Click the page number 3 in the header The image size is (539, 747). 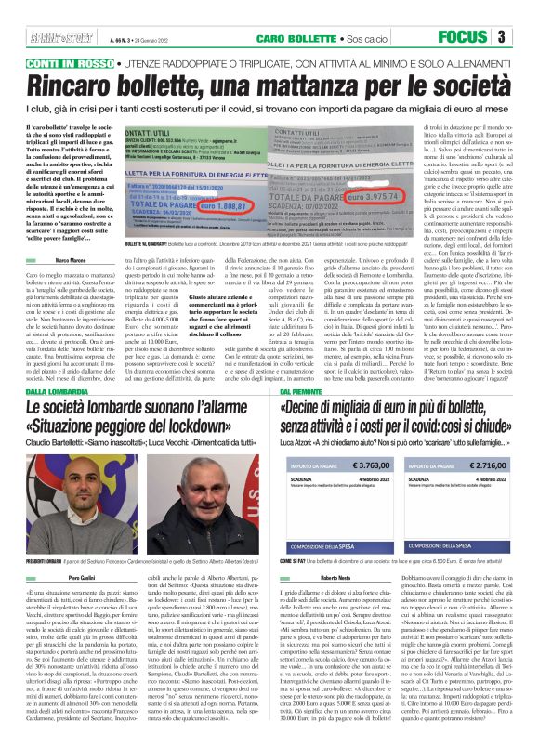pos(526,36)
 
